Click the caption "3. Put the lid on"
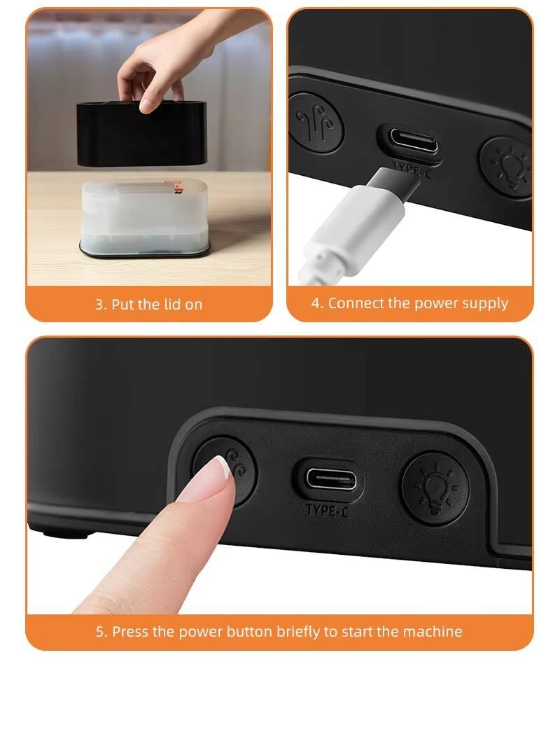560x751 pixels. click(x=148, y=305)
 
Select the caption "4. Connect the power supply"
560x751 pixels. click(x=410, y=303)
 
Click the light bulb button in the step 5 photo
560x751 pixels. click(x=434, y=484)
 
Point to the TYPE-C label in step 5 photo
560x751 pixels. click(x=327, y=511)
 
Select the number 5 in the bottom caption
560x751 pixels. click(x=100, y=631)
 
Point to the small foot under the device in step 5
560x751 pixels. click(x=67, y=534)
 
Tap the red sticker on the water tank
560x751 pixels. click(x=170, y=185)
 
